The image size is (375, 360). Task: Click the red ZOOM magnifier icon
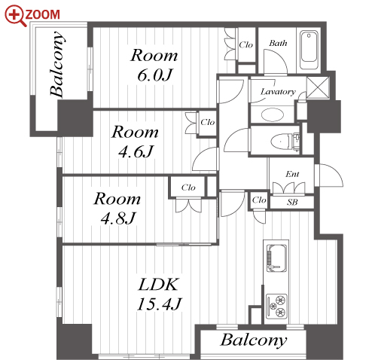[x=15, y=16]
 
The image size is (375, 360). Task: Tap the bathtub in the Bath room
[x=309, y=51]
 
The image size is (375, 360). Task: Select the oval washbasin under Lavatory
[x=273, y=114]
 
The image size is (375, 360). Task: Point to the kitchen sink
[x=276, y=258]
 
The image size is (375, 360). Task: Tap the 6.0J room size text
[x=155, y=75]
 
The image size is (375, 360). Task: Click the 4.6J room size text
[x=136, y=151]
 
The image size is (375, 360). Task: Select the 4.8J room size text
[x=118, y=218]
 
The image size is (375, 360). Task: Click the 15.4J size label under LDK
[x=159, y=304]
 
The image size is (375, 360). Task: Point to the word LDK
[x=158, y=285]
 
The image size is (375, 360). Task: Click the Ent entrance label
[x=292, y=174]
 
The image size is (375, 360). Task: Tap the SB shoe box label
[x=292, y=202]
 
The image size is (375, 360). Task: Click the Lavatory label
[x=278, y=92]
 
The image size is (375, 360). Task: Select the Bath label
[x=278, y=43]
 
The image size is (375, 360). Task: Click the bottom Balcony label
[x=254, y=340]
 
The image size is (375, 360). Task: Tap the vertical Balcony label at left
[x=57, y=64]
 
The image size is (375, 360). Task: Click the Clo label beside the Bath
[x=246, y=45]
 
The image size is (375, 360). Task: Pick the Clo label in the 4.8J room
[x=188, y=188]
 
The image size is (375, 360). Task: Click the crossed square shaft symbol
[x=318, y=87]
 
